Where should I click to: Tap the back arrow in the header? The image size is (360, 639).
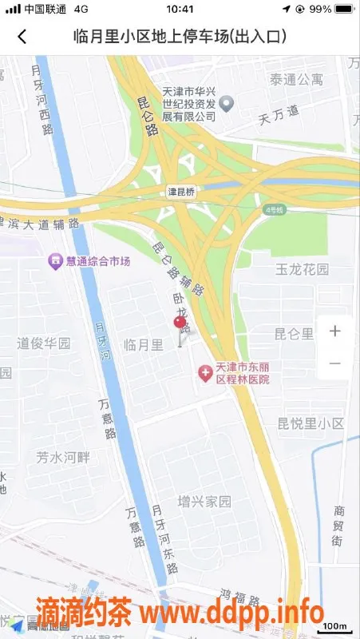click(22, 36)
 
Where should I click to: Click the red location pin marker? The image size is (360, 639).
click(181, 323)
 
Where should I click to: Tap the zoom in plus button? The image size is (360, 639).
click(335, 331)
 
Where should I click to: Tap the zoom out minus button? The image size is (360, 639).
click(335, 363)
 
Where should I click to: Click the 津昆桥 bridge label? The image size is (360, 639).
click(181, 192)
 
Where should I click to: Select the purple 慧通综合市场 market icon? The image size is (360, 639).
click(55, 260)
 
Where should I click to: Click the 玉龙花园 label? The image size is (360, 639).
click(303, 269)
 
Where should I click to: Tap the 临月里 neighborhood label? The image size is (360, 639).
click(144, 344)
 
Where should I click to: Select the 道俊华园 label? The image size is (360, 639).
click(44, 343)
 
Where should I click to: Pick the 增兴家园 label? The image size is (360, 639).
click(204, 502)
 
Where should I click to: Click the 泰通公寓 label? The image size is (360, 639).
click(296, 79)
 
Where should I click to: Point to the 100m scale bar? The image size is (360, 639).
click(337, 625)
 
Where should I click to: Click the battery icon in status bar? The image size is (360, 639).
click(344, 9)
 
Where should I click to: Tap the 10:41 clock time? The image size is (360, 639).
click(180, 9)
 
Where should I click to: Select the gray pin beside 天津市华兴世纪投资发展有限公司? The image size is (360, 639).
click(227, 102)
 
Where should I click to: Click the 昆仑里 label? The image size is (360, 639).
click(295, 333)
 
